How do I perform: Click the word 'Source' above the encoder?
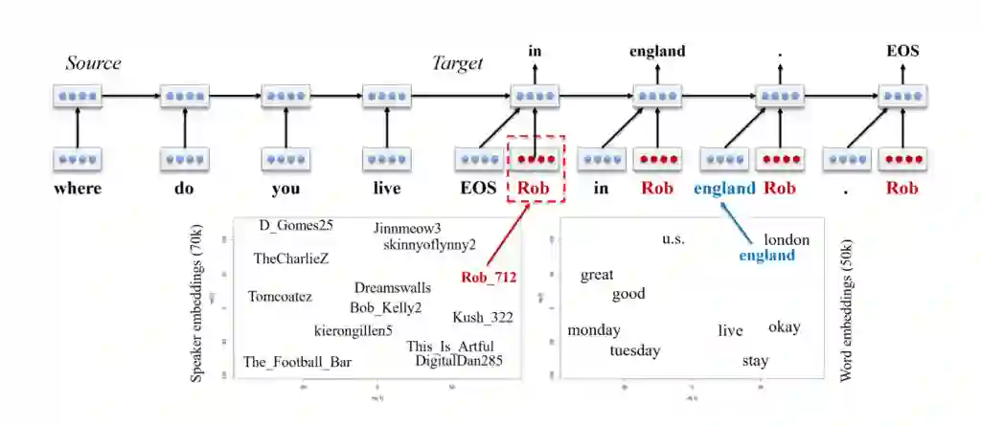pyautogui.click(x=93, y=63)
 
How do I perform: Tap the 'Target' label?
pyautogui.click(x=457, y=63)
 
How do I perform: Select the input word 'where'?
pyautogui.click(x=78, y=188)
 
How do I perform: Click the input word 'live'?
pyautogui.click(x=386, y=188)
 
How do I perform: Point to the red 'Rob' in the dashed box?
pyautogui.click(x=534, y=188)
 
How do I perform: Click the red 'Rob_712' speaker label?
pyautogui.click(x=489, y=278)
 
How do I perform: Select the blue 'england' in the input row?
pyautogui.click(x=725, y=188)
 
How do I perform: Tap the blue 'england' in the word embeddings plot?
pyautogui.click(x=767, y=256)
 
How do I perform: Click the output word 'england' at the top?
pyautogui.click(x=657, y=51)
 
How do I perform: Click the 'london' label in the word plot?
pyautogui.click(x=787, y=239)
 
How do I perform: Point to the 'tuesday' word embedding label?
pyautogui.click(x=635, y=350)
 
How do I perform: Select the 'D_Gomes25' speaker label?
pyautogui.click(x=296, y=226)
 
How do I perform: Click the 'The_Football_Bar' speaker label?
pyautogui.click(x=297, y=362)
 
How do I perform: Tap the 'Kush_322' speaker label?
pyautogui.click(x=483, y=317)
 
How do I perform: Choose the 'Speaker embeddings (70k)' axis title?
pyautogui.click(x=197, y=303)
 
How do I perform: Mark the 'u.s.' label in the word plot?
pyautogui.click(x=673, y=238)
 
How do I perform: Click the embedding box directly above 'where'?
pyautogui.click(x=78, y=159)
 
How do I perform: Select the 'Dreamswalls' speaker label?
pyautogui.click(x=393, y=287)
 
